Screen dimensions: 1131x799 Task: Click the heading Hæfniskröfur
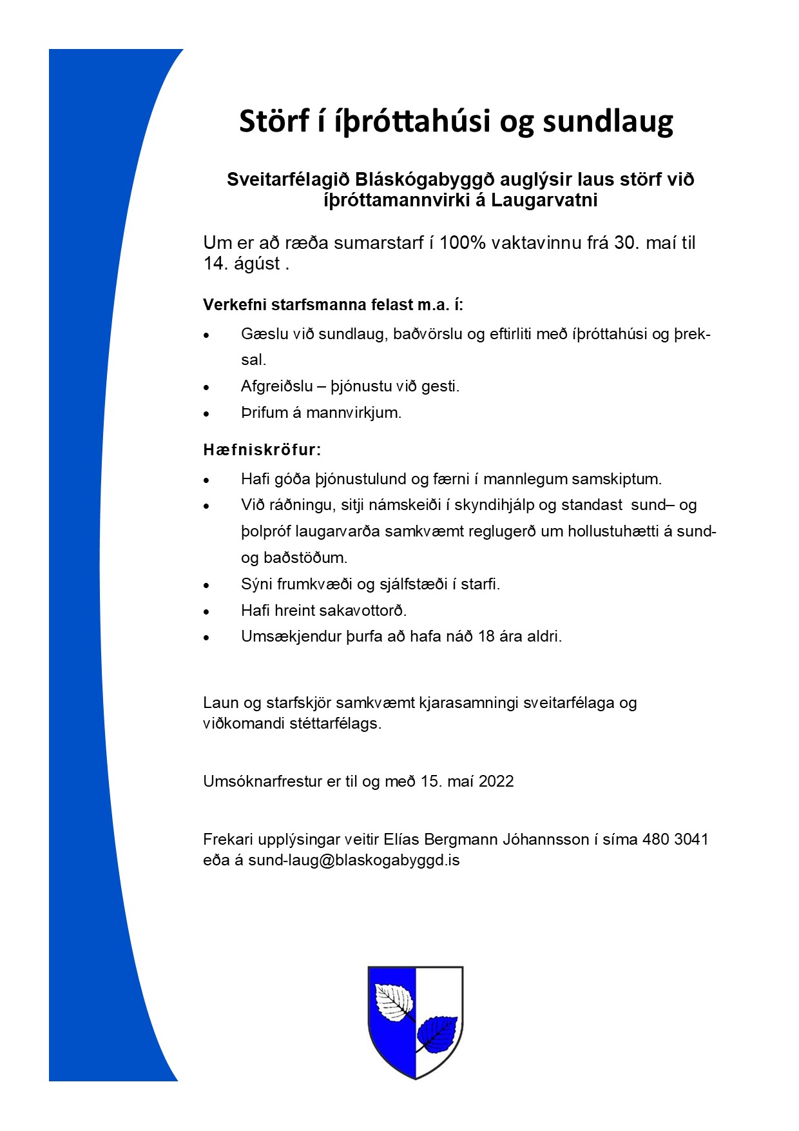coord(262,449)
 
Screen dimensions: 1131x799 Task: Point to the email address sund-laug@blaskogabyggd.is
coord(354,860)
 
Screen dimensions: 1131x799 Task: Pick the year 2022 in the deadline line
coord(496,782)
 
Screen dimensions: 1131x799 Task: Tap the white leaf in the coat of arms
coord(394,1001)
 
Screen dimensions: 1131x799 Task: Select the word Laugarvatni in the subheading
coord(544,201)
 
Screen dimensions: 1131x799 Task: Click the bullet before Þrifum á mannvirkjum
coord(206,414)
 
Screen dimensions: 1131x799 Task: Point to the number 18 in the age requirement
coord(486,636)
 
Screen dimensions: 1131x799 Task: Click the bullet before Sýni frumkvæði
coord(206,585)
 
